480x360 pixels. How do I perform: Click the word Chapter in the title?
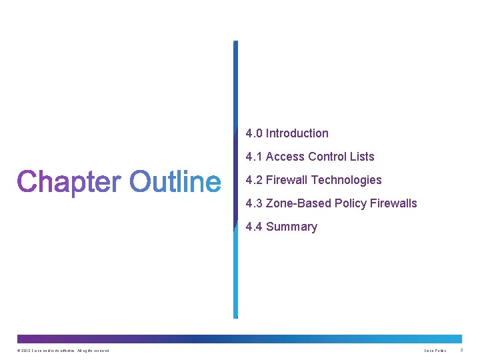click(69, 181)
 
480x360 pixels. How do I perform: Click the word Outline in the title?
click(175, 181)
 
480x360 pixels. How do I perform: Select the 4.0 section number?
click(254, 133)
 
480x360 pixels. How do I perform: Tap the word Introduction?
click(297, 133)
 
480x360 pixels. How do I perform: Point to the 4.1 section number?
click(254, 157)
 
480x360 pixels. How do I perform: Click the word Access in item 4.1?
click(285, 157)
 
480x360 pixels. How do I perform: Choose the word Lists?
click(361, 157)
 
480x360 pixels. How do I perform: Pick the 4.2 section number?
click(254, 180)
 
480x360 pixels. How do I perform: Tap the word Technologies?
click(346, 180)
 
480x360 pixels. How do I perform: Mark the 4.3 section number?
click(254, 203)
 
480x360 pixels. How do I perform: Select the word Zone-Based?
click(299, 203)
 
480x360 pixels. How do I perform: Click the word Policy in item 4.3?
click(350, 203)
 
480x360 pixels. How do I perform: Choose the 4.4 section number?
click(254, 227)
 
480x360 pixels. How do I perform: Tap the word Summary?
click(291, 227)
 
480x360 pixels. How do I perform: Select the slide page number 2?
click(461, 351)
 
